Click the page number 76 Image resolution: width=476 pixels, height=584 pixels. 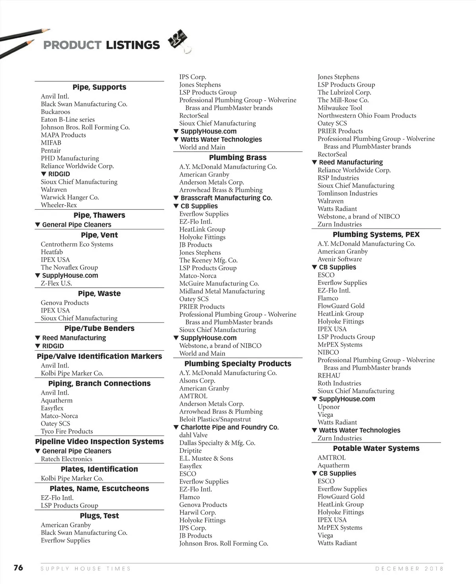point(18,568)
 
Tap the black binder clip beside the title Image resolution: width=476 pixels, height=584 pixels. point(179,40)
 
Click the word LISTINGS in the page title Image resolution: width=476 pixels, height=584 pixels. point(132,45)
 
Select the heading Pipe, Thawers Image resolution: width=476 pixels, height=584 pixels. point(99,215)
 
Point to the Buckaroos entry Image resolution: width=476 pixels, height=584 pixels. point(56,112)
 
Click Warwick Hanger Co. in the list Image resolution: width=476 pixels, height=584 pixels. point(70,197)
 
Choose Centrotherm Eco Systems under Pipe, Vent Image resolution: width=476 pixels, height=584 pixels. point(77,244)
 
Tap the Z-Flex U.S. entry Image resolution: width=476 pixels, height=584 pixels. point(56,283)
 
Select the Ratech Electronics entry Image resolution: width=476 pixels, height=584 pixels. point(67,459)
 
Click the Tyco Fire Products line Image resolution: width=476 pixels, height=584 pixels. point(67,431)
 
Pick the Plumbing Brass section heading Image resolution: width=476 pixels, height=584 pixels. point(238,157)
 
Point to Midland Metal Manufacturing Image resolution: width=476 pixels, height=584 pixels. point(222,291)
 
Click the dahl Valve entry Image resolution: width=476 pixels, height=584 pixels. point(193,435)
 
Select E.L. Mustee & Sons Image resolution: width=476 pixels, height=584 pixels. point(206,458)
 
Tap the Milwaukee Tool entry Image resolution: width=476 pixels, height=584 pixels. point(340,108)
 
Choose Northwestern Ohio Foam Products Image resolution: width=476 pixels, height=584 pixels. point(367,116)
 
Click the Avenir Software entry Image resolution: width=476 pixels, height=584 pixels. point(340,259)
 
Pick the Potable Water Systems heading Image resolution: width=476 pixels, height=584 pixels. point(376,448)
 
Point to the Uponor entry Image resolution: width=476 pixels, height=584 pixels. point(329,407)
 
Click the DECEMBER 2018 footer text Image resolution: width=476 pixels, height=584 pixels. point(409,569)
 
